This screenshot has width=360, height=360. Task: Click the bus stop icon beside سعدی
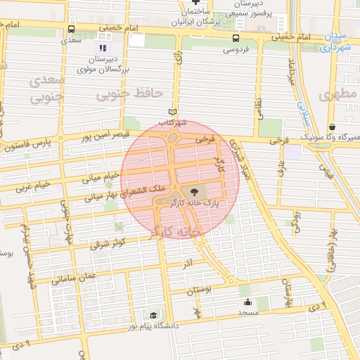pos(71,30)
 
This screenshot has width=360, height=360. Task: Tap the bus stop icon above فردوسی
pos(236,39)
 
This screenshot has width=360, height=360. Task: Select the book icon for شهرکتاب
pos(173,112)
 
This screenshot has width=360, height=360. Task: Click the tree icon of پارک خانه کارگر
pos(194,191)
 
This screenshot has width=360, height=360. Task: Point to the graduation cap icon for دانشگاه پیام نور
pos(153,315)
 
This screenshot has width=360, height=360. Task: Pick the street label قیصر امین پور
pos(103,134)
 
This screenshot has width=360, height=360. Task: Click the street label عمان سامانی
pos(77,276)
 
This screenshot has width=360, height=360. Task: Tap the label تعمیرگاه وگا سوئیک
pos(325,136)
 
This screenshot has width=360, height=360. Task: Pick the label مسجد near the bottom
pos(248,311)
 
